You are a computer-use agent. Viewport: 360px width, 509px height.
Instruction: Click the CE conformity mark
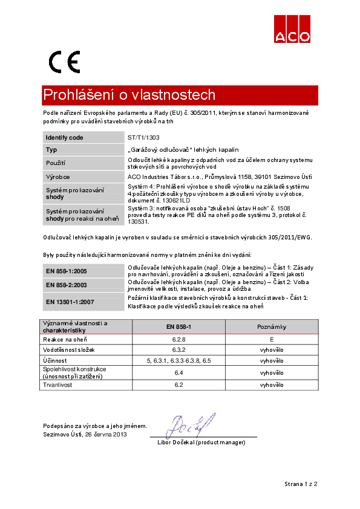tap(64, 62)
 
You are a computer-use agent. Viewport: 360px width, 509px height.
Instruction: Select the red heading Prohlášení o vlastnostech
tap(129, 95)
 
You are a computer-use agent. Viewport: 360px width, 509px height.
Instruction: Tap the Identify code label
tap(64, 138)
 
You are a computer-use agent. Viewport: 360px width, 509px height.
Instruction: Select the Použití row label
tap(56, 163)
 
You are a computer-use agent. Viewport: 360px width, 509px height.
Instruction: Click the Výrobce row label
tap(58, 177)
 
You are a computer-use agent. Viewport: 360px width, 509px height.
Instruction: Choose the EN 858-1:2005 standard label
tap(67, 271)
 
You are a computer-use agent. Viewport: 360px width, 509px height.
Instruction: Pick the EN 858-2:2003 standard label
tap(67, 285)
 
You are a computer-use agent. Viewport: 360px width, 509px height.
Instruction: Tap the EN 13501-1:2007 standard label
tap(70, 301)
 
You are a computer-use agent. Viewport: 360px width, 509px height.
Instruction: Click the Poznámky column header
tap(272, 326)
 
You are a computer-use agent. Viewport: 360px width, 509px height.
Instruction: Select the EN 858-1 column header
tap(178, 326)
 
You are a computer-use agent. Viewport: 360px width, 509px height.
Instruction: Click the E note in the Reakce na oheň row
tap(272, 340)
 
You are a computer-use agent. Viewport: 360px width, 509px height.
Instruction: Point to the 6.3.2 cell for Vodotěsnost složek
tap(178, 350)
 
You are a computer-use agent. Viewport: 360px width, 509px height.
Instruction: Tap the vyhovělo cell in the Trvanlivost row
tap(272, 384)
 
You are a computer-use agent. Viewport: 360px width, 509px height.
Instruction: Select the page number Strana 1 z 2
tap(301, 484)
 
